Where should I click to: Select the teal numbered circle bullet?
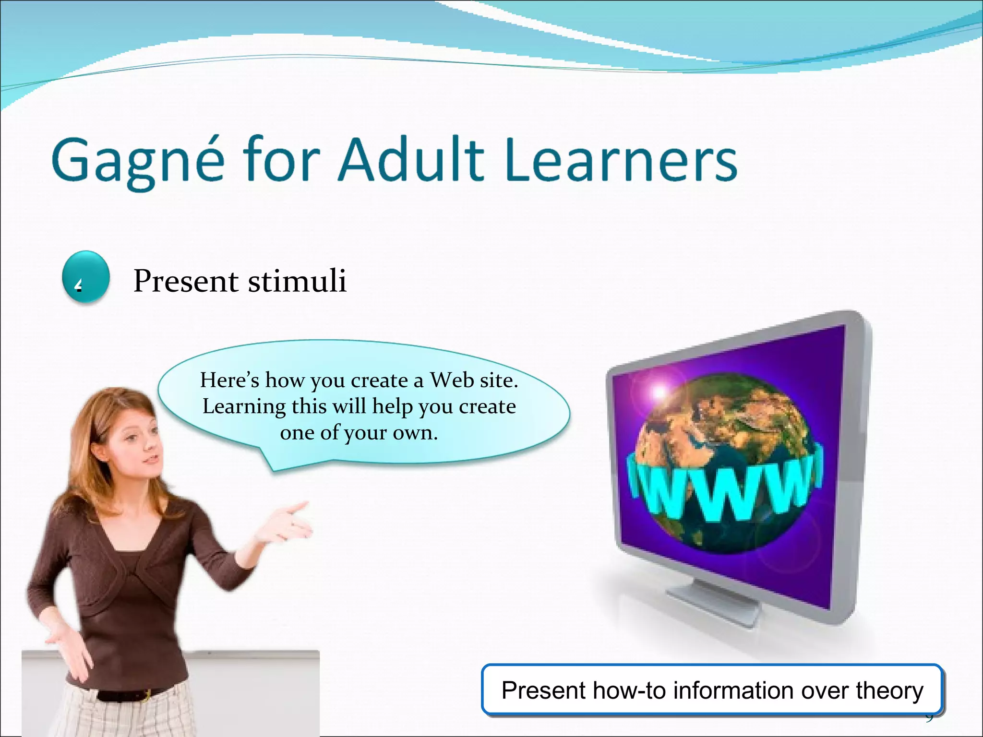click(86, 277)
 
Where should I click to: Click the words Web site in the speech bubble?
click(473, 380)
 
